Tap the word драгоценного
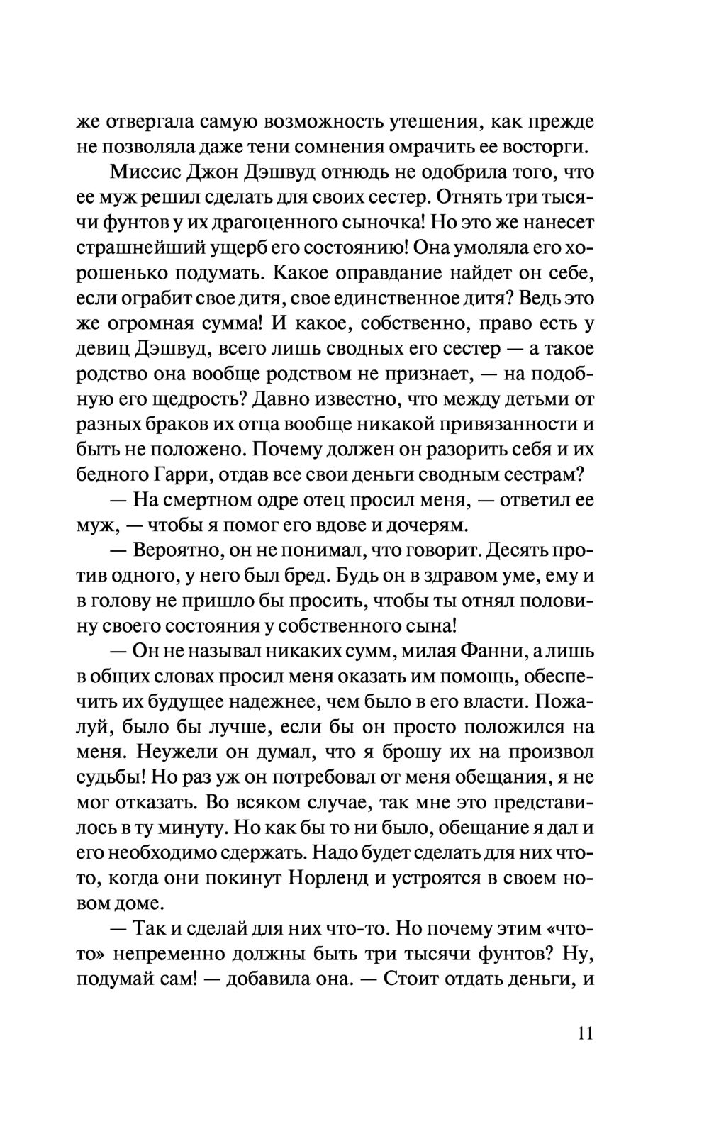[274, 223]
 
